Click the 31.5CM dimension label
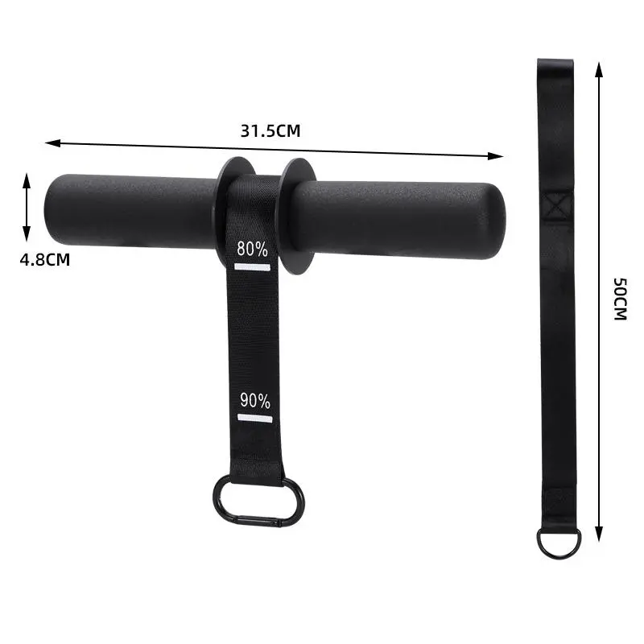point(270,131)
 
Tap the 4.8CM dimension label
point(45,260)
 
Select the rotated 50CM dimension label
point(620,299)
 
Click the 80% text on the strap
point(252,249)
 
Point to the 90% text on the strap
point(255,400)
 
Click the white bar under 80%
point(252,267)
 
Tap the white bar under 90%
point(254,419)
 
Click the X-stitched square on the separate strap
point(556,207)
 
